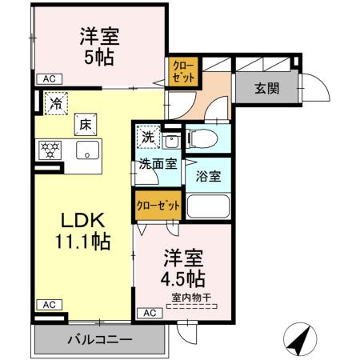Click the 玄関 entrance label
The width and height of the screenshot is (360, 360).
coord(267,89)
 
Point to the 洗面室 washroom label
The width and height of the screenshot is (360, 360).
coord(157,166)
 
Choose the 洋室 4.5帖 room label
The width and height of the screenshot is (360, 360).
coord(186,270)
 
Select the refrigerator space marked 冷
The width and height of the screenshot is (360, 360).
coord(55,104)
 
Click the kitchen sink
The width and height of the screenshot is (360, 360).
coord(86,150)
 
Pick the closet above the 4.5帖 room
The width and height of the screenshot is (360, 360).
coord(158,205)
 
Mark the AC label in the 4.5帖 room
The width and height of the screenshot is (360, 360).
coord(148,312)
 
